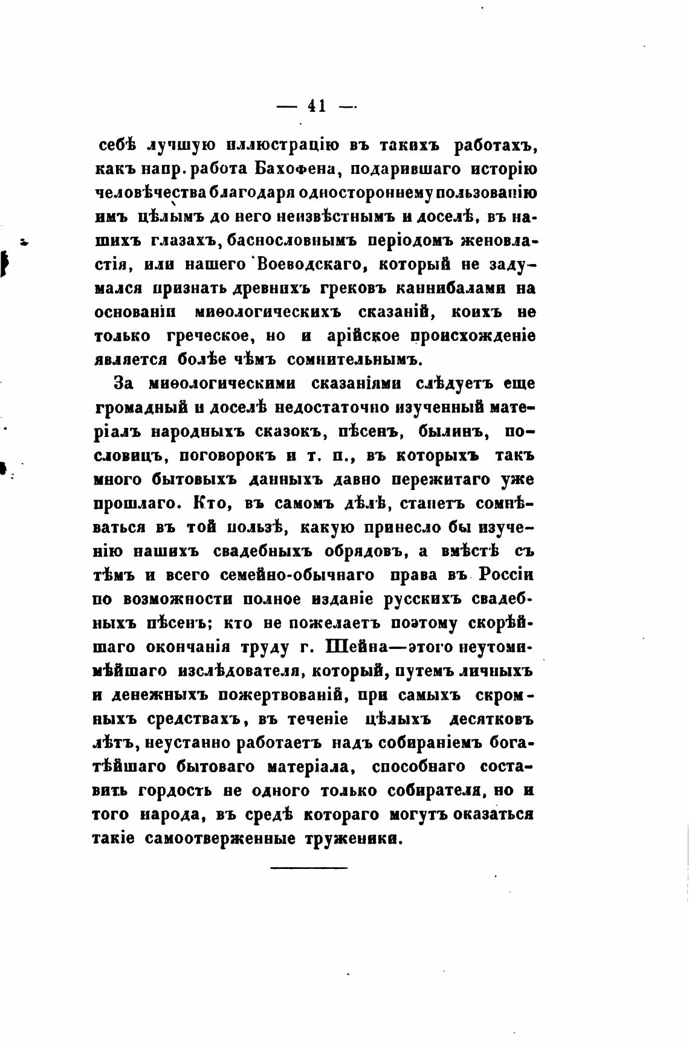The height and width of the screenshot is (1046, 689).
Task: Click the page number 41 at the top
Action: (317, 106)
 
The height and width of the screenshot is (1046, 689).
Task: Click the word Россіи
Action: (506, 575)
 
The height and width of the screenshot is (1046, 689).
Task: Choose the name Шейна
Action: (356, 647)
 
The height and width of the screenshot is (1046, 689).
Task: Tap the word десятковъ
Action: (491, 719)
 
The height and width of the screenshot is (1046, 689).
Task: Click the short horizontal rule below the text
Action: (309, 868)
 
